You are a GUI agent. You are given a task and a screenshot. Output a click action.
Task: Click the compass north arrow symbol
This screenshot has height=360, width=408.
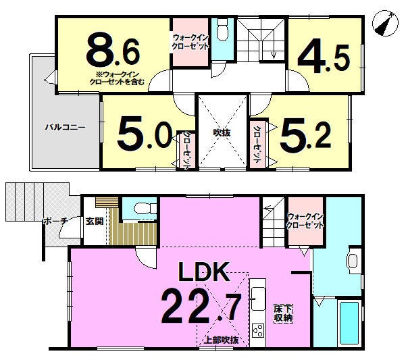[x=385, y=23]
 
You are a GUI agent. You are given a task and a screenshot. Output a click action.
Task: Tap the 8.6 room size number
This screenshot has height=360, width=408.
[x=113, y=49]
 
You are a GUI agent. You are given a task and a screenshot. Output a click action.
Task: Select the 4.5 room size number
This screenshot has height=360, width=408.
[x=324, y=56]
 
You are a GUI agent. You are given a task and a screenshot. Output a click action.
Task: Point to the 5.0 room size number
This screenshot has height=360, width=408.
[x=145, y=133]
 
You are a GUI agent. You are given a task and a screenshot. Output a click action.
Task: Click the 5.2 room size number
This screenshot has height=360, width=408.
[x=305, y=133]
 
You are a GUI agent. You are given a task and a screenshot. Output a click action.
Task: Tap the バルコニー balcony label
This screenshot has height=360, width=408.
[x=65, y=128]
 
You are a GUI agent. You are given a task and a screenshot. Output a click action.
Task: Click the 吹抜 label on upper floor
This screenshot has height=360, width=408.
[x=222, y=132]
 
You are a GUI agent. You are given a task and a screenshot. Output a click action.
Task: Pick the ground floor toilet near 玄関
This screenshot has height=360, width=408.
[x=145, y=208]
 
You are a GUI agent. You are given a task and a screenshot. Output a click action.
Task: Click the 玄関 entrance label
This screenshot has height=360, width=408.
[x=95, y=221]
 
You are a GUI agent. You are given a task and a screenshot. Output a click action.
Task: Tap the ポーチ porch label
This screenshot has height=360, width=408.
[x=55, y=222]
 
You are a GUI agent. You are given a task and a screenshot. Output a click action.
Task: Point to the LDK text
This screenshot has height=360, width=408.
[x=204, y=272]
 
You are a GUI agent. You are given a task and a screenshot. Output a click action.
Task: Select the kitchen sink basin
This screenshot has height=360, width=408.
[x=258, y=299]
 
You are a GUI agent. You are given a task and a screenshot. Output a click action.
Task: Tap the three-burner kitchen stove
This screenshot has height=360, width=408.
[x=258, y=331]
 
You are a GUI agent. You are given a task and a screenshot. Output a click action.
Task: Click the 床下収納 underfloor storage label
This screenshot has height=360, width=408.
[x=283, y=313]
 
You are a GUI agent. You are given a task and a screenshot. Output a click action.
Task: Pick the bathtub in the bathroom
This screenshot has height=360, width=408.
[x=349, y=323]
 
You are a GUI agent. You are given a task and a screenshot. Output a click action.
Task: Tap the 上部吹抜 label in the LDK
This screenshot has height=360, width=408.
[x=221, y=340]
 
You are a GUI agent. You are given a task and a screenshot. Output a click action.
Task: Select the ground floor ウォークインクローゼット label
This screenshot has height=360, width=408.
[x=305, y=221]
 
